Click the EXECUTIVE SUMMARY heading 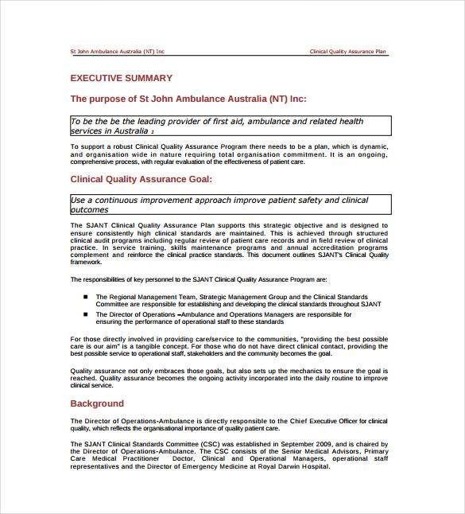[x=121, y=78]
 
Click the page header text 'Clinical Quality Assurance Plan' [x=348, y=52]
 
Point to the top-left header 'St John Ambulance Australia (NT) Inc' [x=118, y=52]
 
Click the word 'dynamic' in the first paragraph [x=371, y=147]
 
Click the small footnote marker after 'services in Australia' [x=153, y=132]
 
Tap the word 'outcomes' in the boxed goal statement [x=89, y=210]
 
